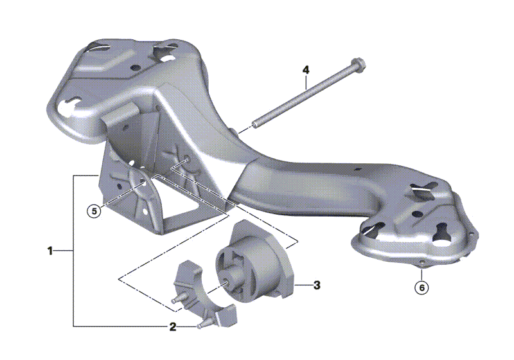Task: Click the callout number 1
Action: coord(50,251)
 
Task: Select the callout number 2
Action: coord(173,327)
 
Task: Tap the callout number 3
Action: coord(317,285)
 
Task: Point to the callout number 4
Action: coord(306,70)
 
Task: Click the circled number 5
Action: coord(94,211)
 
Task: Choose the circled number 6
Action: coord(421,287)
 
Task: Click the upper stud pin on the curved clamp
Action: coord(179,299)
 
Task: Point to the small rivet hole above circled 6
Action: coord(421,262)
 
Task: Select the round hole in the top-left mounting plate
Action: coord(135,68)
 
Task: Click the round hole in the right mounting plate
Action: coord(417,215)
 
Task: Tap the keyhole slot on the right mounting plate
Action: coord(443,232)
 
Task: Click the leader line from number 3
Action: coord(303,285)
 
